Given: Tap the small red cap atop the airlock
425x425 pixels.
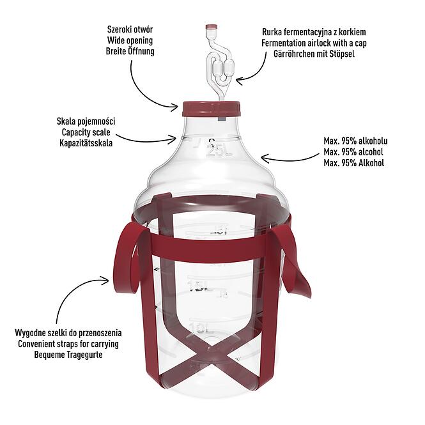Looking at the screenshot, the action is (x=212, y=27).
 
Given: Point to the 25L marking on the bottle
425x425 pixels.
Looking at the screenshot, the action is (x=220, y=151).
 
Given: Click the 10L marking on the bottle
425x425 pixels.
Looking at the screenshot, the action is (x=199, y=328).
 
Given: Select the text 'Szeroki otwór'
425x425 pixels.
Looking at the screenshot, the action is (x=130, y=29).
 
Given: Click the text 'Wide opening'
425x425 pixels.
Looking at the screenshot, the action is (x=130, y=40).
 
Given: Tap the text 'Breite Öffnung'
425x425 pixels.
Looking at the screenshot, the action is (x=130, y=51).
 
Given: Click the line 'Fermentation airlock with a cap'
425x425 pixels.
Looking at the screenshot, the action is (x=314, y=43).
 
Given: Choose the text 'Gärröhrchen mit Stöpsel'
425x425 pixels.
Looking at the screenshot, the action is (x=314, y=54).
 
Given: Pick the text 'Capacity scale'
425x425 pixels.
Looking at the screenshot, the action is (x=86, y=132).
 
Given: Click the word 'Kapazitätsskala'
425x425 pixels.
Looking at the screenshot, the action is (x=86, y=143).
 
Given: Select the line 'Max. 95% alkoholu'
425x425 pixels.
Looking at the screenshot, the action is (x=355, y=141).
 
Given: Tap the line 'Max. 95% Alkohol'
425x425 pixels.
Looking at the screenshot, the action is (x=354, y=163).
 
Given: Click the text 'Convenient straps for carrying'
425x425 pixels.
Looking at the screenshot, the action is (x=68, y=344).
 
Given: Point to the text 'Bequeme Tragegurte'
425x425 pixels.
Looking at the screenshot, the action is (x=68, y=355).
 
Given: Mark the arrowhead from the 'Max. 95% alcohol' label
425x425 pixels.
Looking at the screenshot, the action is (x=265, y=158).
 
